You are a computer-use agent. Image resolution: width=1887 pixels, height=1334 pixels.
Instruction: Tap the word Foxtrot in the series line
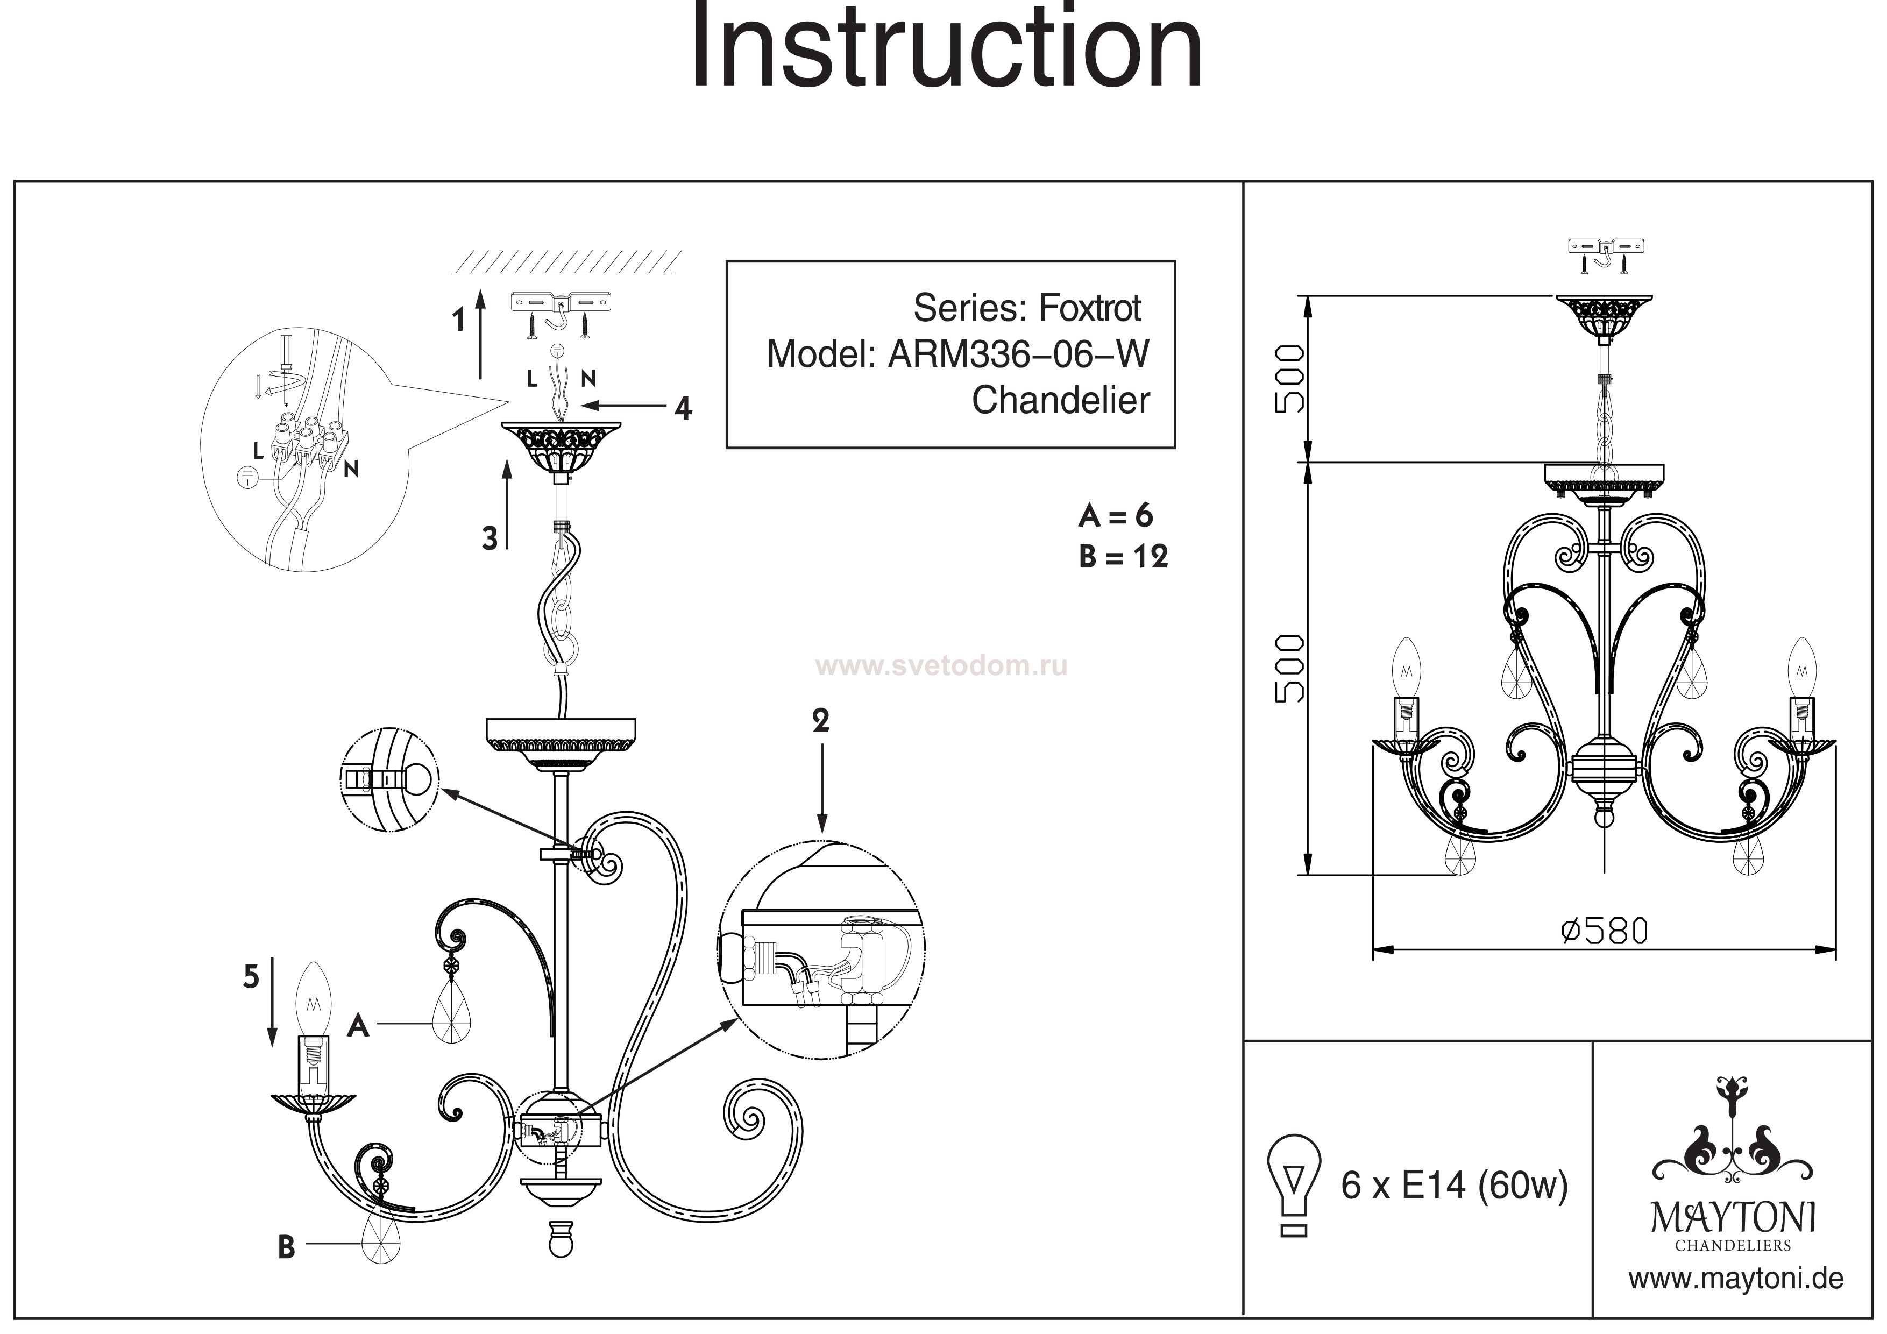1090,308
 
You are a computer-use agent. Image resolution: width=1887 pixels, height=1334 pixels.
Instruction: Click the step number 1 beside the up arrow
459,320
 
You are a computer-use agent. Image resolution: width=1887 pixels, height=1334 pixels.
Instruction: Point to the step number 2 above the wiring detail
820,721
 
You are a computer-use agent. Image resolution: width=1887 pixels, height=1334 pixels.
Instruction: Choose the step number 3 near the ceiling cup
490,539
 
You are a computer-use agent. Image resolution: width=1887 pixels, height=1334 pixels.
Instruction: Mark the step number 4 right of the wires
683,408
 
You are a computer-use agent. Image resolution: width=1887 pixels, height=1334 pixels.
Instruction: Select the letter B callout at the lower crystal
286,1247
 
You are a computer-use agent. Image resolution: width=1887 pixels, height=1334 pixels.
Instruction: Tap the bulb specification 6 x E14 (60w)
1454,1185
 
